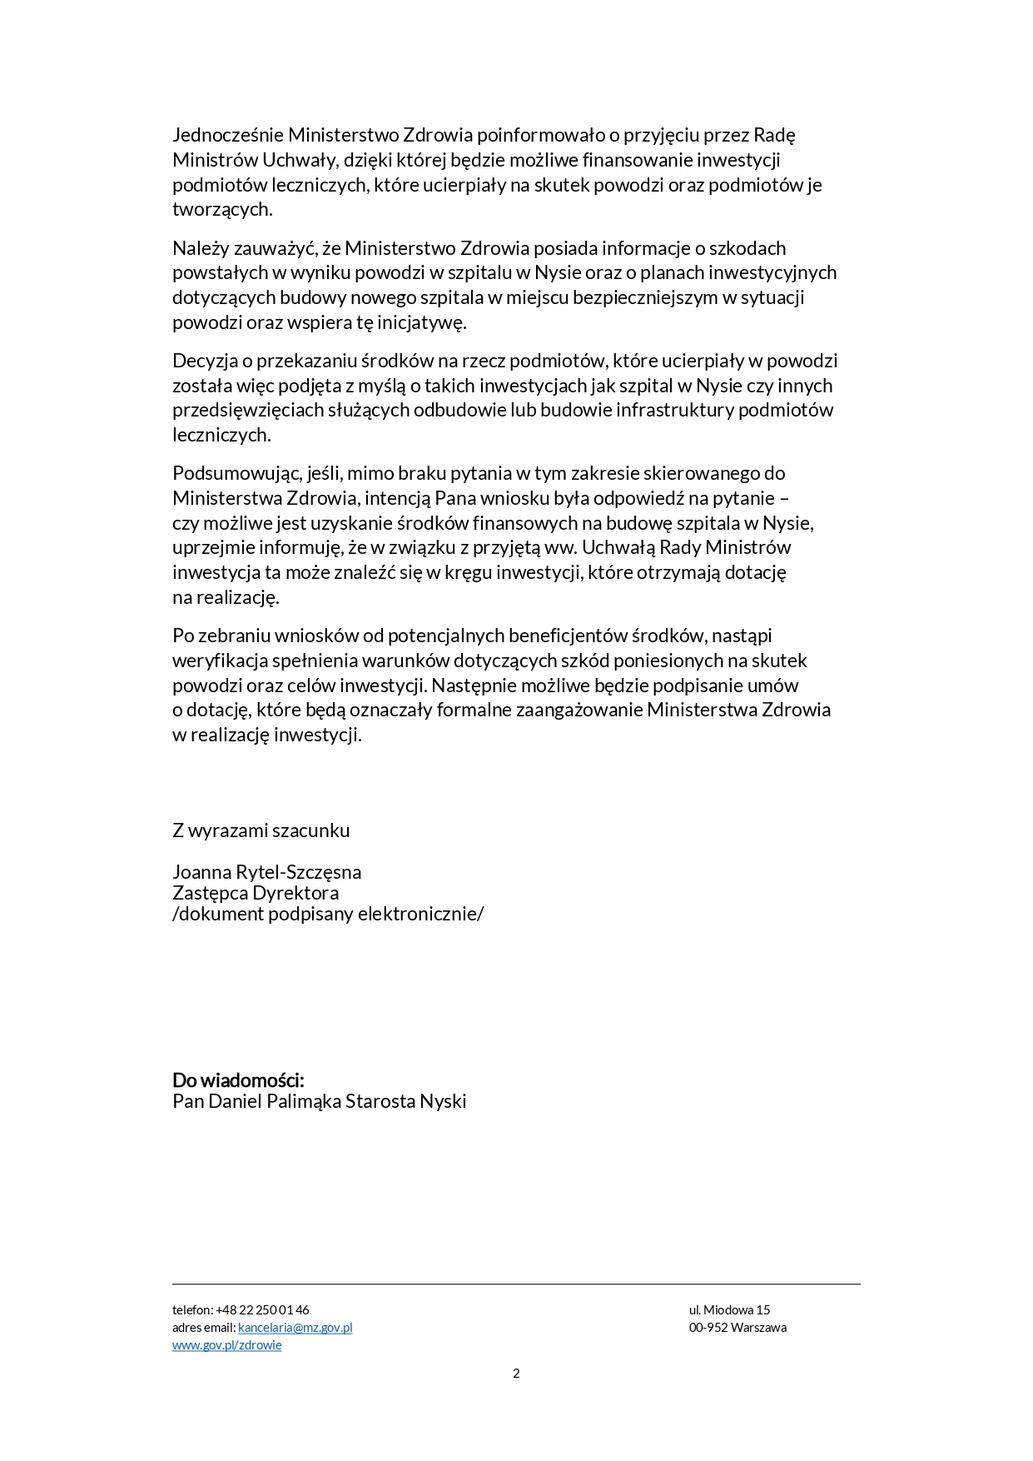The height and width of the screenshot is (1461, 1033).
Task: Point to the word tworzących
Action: [221, 209]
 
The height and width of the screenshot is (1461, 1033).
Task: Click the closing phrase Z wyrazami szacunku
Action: [261, 830]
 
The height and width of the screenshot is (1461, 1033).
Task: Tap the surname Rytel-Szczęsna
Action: [299, 872]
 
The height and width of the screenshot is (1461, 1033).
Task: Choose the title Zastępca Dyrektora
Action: [256, 893]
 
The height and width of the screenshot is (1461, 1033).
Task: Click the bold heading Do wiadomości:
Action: [238, 1080]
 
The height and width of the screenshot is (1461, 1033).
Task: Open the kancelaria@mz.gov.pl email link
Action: [295, 1328]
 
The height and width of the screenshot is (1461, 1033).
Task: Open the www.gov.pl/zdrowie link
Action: [226, 1345]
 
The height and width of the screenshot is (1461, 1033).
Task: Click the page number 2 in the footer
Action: [516, 1374]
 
